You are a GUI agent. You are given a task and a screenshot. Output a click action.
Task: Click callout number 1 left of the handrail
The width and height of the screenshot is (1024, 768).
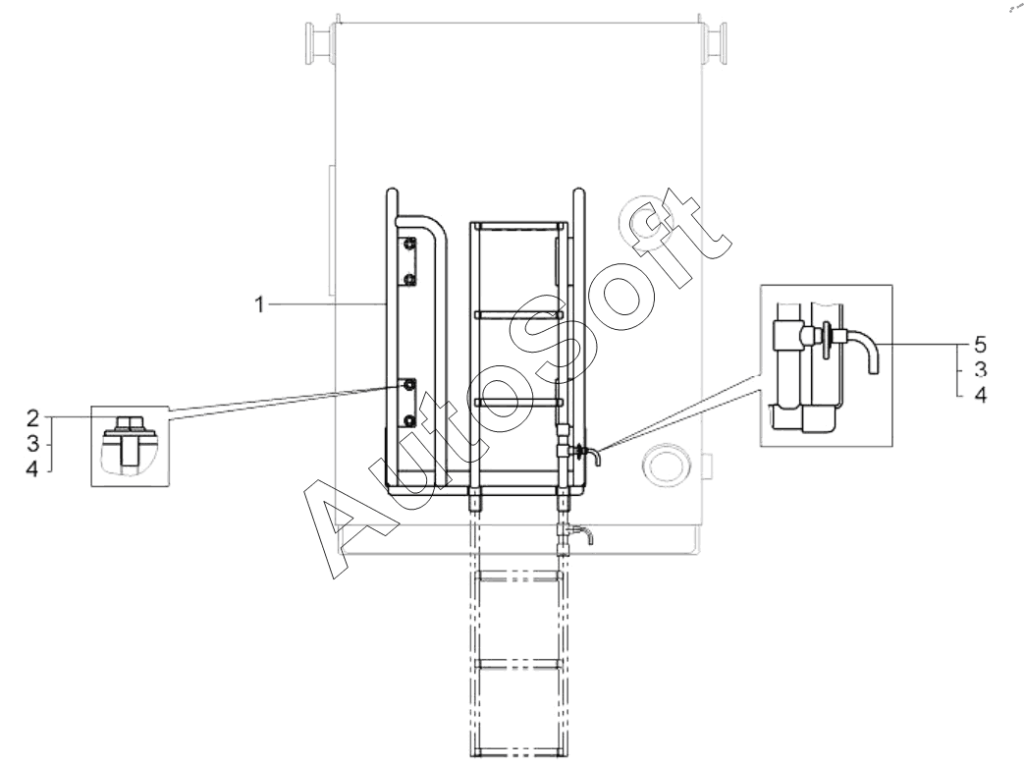click(259, 304)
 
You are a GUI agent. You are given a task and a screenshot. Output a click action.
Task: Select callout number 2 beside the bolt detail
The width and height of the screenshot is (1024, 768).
click(32, 418)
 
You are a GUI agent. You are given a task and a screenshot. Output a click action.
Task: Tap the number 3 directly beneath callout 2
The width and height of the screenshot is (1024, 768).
click(33, 444)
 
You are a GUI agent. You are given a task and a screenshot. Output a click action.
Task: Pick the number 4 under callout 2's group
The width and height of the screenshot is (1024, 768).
click(32, 468)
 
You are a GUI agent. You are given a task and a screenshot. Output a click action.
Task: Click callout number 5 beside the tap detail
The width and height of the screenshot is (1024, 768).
click(980, 344)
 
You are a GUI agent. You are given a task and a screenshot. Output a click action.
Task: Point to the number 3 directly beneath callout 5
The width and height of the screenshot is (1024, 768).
click(980, 369)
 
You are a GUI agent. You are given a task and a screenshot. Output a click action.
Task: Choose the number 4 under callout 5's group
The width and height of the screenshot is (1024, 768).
click(980, 395)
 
